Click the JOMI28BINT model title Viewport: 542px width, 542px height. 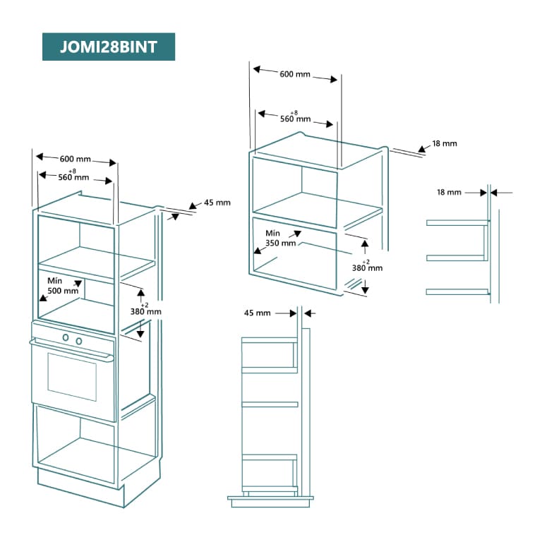click(x=109, y=47)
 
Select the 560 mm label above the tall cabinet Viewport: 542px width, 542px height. click(x=76, y=177)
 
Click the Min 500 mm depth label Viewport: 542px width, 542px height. click(x=63, y=286)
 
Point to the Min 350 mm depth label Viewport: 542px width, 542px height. click(x=280, y=238)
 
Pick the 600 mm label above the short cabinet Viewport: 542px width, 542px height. click(x=295, y=75)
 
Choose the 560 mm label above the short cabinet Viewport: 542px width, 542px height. click(x=295, y=118)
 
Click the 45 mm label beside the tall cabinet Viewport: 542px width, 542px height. click(x=217, y=203)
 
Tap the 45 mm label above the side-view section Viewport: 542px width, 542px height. click(x=258, y=313)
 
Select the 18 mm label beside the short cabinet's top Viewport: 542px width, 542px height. click(x=445, y=144)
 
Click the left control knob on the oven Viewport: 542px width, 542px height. click(x=66, y=338)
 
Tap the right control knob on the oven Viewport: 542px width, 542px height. click(x=78, y=341)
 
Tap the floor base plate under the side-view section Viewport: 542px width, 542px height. click(x=270, y=500)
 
